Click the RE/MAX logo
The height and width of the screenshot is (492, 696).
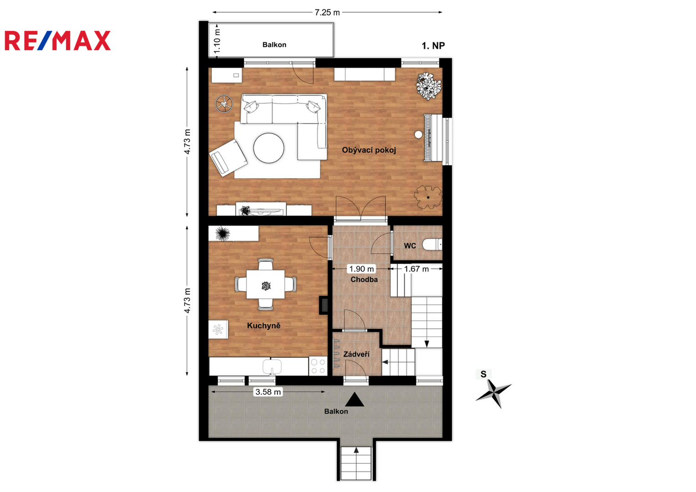pyautogui.click(x=58, y=41)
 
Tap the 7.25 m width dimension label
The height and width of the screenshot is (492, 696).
pyautogui.click(x=327, y=12)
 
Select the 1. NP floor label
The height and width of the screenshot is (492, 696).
pyautogui.click(x=433, y=46)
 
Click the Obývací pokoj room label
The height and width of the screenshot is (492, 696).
pyautogui.click(x=369, y=150)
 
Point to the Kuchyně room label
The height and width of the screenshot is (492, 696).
pyautogui.click(x=263, y=326)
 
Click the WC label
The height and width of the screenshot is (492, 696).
pyautogui.click(x=410, y=246)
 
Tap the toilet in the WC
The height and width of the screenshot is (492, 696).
pyautogui.click(x=432, y=244)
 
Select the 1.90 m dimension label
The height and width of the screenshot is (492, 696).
pyautogui.click(x=361, y=269)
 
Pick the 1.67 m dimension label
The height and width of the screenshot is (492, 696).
pyautogui.click(x=416, y=269)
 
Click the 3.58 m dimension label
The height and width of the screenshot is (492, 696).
pyautogui.click(x=268, y=392)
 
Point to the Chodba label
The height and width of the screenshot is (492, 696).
pyautogui.click(x=364, y=280)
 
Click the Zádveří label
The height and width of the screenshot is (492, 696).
pyautogui.click(x=356, y=354)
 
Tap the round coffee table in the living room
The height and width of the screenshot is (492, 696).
pyautogui.click(x=268, y=148)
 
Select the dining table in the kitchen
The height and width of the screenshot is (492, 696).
pyautogui.click(x=266, y=284)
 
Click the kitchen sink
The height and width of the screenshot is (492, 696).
pyautogui.click(x=272, y=367)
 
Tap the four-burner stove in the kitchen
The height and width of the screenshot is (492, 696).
pyautogui.click(x=318, y=366)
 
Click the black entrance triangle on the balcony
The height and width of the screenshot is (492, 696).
pyautogui.click(x=355, y=400)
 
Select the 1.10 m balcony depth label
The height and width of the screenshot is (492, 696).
pyautogui.click(x=217, y=41)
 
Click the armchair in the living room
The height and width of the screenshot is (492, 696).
pyautogui.click(x=228, y=157)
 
